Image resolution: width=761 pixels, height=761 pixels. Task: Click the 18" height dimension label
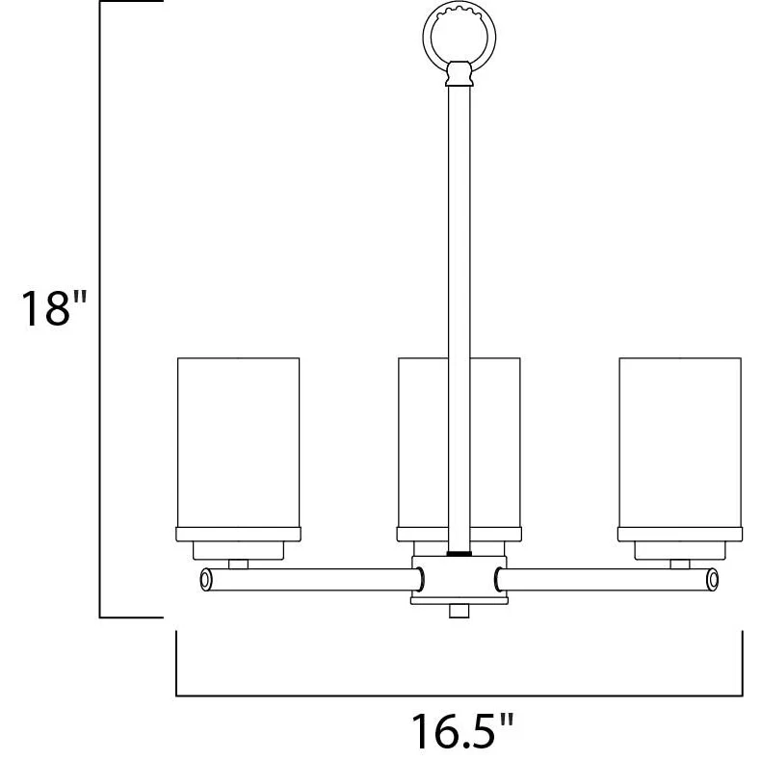pos(54,308)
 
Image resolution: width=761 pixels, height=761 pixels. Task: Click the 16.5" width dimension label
pos(462,730)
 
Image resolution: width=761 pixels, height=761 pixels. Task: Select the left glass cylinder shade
pos(238,442)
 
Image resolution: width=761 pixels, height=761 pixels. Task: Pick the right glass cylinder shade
pos(680,442)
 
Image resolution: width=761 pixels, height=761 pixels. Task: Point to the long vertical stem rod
pos(459,318)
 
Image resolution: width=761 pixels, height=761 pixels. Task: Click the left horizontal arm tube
pos(311,580)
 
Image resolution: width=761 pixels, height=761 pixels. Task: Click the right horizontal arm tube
pos(606,580)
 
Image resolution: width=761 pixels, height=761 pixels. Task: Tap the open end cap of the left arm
pos(206,580)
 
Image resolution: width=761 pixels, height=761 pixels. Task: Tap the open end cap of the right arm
pos(713,580)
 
